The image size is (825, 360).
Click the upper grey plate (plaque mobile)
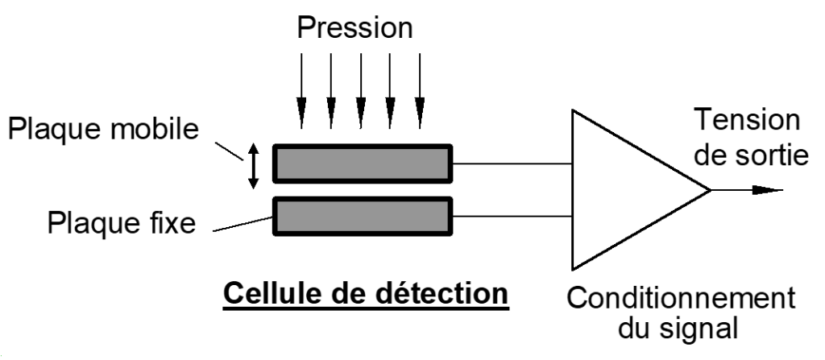tap(363, 163)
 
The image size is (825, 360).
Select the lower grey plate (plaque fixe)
tap(363, 216)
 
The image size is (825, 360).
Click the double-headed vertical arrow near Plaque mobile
tap(254, 165)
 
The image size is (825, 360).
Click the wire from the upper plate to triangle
tap(512, 163)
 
